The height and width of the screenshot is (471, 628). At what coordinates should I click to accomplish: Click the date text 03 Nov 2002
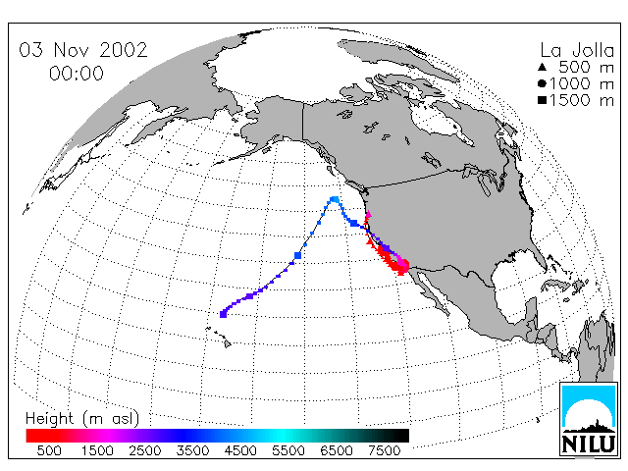83,50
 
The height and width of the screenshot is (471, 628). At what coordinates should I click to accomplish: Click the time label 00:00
77,74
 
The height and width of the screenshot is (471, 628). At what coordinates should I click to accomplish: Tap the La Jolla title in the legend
577,50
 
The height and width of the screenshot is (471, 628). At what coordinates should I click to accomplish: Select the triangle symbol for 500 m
542,67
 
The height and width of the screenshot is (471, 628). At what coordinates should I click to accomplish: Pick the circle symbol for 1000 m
542,83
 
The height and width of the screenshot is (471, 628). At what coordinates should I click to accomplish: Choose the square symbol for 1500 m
542,100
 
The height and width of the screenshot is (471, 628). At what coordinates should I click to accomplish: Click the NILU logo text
589,444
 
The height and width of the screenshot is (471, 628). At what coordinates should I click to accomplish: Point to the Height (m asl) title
82,418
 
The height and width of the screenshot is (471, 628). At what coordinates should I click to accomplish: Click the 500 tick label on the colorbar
49,450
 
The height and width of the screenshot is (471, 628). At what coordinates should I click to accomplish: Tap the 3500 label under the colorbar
192,450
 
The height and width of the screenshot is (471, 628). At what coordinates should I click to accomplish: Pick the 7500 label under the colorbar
384,450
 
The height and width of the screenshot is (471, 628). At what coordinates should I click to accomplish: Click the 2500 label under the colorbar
145,450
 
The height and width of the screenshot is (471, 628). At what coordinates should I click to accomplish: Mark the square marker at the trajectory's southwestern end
223,314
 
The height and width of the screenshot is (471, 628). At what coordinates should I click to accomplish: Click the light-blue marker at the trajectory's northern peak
335,199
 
